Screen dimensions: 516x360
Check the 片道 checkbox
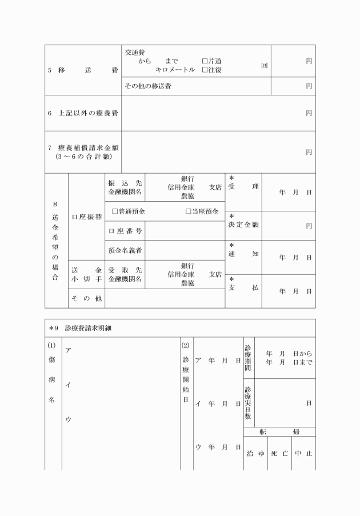(205, 61)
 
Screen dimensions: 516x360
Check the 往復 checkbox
(205, 70)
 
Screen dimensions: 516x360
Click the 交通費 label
(135, 53)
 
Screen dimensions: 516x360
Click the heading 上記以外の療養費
(83, 113)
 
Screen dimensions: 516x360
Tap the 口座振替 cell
(86, 217)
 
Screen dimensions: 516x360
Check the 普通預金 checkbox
(115, 211)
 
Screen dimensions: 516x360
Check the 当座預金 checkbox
(189, 211)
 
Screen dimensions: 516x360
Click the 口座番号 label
(125, 231)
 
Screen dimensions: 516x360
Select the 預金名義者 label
(125, 250)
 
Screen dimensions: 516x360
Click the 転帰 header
(279, 432)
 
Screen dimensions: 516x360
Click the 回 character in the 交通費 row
(264, 66)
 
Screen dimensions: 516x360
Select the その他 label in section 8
(86, 298)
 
